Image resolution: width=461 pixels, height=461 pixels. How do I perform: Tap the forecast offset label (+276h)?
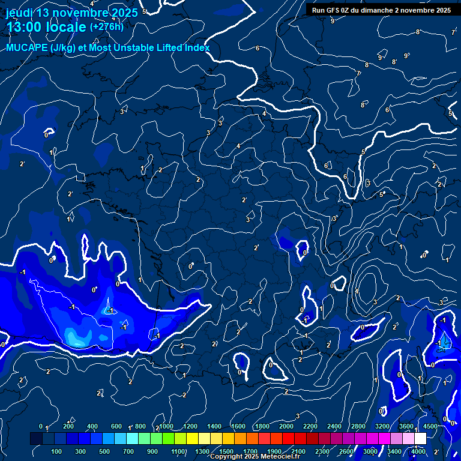106,27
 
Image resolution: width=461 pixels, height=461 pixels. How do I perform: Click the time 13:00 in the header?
24,27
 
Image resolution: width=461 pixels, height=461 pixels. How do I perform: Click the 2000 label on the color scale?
286,426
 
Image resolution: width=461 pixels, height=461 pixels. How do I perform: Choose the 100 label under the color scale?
56,451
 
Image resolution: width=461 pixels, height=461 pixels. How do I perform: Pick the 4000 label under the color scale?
418,451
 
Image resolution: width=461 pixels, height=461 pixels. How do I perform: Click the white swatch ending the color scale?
420,439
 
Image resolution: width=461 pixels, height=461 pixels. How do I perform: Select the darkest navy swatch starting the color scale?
36,439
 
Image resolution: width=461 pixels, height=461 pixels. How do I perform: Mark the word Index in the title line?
197,48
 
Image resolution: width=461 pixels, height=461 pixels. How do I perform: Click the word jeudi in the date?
19,13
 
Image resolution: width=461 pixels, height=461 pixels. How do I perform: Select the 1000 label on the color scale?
166,426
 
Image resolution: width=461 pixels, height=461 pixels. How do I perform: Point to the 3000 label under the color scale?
370,451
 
